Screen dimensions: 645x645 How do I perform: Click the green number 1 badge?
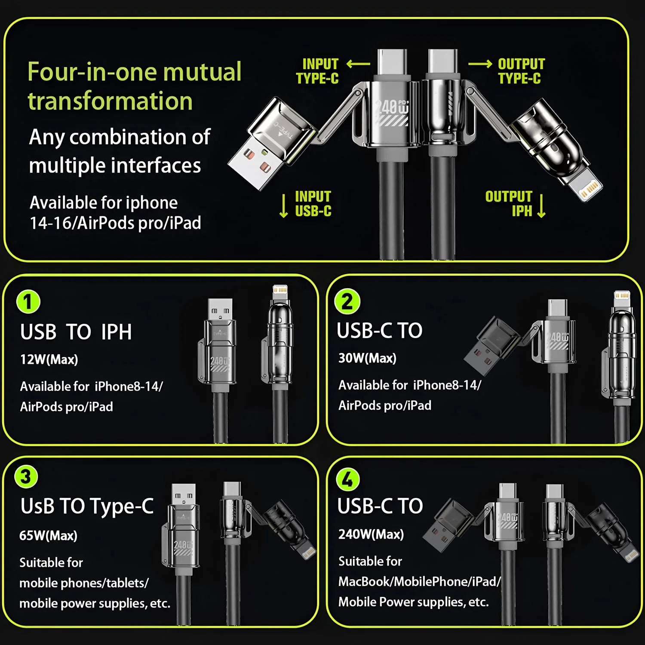tap(28, 302)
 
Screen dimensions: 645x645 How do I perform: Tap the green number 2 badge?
tap(347, 301)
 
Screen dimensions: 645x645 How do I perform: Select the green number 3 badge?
tap(26, 477)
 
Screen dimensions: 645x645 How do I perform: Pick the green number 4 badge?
tap(348, 480)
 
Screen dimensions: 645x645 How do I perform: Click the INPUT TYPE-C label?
tap(317, 71)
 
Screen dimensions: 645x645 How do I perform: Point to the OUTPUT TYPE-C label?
tap(521, 71)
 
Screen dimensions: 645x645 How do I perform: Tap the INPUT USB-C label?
tap(313, 203)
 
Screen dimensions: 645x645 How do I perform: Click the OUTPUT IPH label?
tap(509, 203)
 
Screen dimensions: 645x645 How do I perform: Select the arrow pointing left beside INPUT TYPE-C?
tap(358, 64)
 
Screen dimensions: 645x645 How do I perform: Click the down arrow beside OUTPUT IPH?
tap(542, 206)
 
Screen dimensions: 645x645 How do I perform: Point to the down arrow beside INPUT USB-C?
tap(283, 206)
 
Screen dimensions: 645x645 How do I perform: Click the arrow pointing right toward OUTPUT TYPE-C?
tap(480, 64)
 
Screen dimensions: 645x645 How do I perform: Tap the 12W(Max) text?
tap(49, 359)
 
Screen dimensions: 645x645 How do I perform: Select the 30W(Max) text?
tap(367, 358)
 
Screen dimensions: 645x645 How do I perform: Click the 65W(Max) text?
tap(48, 536)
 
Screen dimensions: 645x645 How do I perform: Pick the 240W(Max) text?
tap(371, 534)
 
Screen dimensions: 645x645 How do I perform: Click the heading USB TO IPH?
tap(76, 332)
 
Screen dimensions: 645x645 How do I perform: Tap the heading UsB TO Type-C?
tap(87, 506)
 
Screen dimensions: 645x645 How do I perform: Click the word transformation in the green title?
tap(110, 101)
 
